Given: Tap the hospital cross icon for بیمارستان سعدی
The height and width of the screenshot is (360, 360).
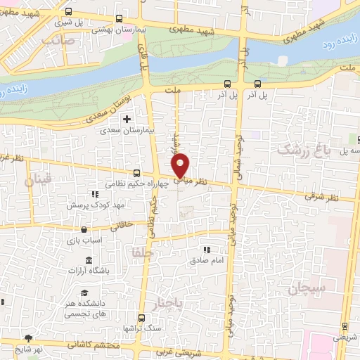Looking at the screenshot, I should pos(127,119).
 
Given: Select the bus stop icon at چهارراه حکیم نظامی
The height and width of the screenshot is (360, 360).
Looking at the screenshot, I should pos(136,173).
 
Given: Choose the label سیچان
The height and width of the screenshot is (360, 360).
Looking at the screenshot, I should pos(307,288).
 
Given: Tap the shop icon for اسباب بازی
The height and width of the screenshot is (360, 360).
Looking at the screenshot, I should pos(84,229).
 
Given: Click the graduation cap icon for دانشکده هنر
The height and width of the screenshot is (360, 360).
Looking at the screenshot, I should pos(84,292).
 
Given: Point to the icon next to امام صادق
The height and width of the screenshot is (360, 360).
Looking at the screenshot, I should pos(207,249).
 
